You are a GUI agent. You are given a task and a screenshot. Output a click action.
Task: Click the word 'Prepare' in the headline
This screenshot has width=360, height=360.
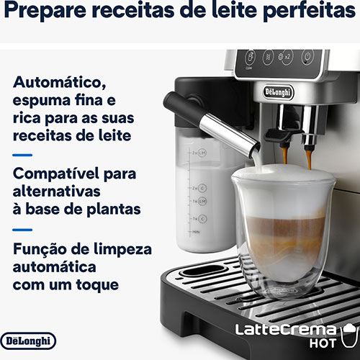pos(45,11)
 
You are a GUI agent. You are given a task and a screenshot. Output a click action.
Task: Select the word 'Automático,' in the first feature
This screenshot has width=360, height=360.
pos(60,83)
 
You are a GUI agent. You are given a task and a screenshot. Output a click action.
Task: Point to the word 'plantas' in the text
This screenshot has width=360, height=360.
pos(114,209)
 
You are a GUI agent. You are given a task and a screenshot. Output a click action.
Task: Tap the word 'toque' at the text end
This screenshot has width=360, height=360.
pos(97,285)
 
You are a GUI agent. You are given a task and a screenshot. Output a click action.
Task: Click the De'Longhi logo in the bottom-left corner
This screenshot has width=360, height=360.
pos(28,341)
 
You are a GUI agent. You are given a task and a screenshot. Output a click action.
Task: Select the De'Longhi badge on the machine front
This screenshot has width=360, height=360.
pos(279,92)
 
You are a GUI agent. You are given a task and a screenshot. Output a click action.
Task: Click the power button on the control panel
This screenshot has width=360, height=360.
pos(308,58)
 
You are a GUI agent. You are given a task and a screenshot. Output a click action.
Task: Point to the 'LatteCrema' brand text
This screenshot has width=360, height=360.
pos(286,330)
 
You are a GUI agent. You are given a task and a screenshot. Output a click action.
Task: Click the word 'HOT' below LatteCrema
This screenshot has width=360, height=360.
pos(323,343)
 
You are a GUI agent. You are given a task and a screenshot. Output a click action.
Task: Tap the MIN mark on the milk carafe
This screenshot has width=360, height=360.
pos(196,233)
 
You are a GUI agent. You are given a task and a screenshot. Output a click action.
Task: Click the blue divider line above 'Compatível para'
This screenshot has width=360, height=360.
pos(22,156)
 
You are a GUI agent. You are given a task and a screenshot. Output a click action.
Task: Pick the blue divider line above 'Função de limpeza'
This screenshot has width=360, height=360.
pos(22,230)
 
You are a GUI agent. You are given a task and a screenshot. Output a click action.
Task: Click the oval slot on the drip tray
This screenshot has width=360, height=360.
pos(202,271)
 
